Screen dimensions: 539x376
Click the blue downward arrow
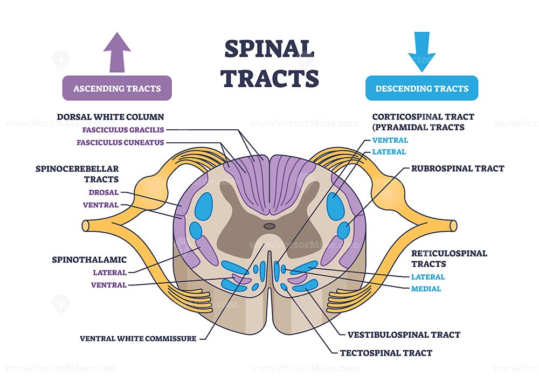point(422,52)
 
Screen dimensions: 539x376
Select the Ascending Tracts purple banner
point(117,88)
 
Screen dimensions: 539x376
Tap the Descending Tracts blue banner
point(422,88)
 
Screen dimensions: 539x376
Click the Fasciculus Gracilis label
point(123,130)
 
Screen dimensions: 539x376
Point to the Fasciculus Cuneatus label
point(120,142)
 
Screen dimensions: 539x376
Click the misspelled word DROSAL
point(103,192)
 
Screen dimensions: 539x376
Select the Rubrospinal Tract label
point(458,169)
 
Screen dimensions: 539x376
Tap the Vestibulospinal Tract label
point(404,335)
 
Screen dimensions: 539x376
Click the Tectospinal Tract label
point(386,353)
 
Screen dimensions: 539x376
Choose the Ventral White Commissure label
point(138,338)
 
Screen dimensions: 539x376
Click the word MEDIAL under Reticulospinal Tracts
point(426,289)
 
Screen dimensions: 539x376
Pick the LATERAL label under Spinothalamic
point(109,273)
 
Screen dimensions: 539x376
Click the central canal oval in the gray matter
point(269,226)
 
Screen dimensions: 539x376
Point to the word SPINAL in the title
point(269,49)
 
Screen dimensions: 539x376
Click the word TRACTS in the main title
point(269,78)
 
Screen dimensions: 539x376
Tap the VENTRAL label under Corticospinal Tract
point(390,140)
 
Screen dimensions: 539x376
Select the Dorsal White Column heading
point(110,117)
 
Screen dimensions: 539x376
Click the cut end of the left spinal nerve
point(86,226)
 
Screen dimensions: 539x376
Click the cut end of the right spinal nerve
point(453,226)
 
